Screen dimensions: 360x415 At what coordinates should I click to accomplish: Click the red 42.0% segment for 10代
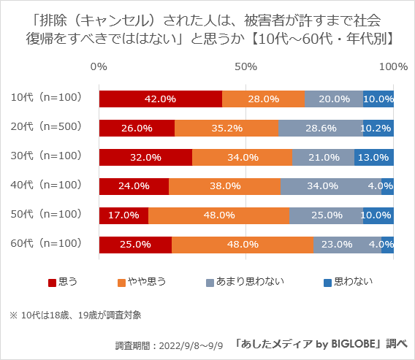click(x=160, y=99)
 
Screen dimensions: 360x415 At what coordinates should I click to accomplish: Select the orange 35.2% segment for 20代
click(x=226, y=128)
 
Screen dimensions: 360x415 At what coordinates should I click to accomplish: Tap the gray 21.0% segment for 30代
click(x=323, y=157)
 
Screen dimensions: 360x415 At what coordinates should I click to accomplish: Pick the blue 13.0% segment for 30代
click(x=374, y=157)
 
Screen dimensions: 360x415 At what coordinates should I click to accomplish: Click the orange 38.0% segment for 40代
click(x=224, y=186)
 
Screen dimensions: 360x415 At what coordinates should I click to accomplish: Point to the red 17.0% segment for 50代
click(x=123, y=215)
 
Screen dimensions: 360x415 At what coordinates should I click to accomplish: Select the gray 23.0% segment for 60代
click(x=347, y=244)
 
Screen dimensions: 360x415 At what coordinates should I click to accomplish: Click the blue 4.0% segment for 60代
click(x=387, y=244)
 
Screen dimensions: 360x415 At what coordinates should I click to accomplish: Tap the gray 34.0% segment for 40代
click(x=330, y=186)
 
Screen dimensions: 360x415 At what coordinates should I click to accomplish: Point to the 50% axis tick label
click(x=246, y=66)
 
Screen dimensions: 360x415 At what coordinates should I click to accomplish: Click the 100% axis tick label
click(x=394, y=66)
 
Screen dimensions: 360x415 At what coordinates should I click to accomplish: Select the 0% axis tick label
click(x=99, y=66)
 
